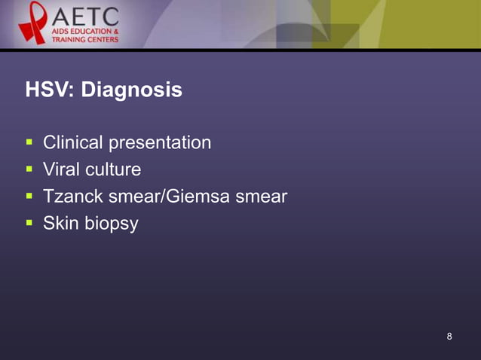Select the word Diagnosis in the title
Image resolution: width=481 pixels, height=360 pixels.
[131, 91]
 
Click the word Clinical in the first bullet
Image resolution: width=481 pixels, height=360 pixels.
[73, 142]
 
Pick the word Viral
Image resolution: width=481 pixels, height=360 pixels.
[61, 169]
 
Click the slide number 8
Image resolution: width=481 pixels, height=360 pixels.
[449, 336]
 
